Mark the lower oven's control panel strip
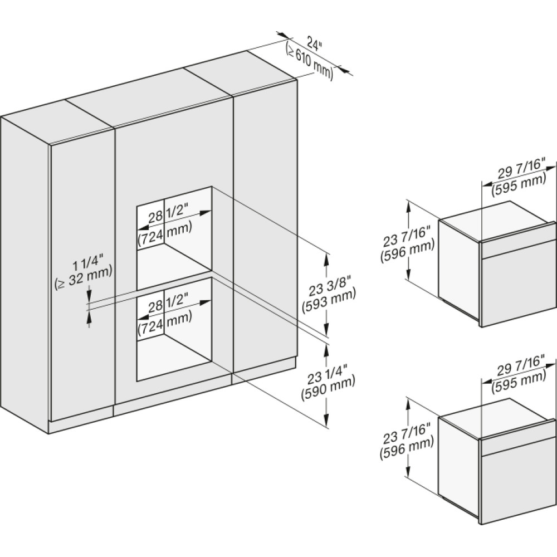point(518,441)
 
